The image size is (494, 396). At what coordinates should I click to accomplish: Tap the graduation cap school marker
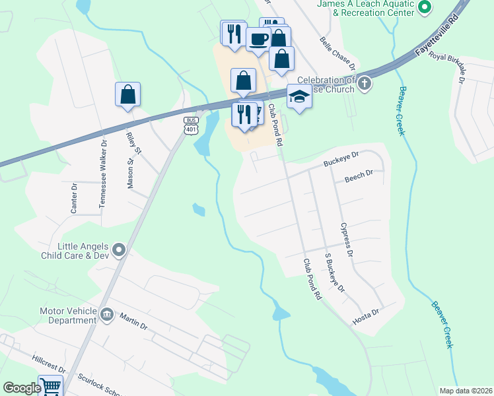pyautogui.click(x=299, y=97)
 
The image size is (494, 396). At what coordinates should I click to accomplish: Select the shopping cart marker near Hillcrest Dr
pyautogui.click(x=50, y=386)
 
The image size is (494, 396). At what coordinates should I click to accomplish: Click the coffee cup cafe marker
pyautogui.click(x=258, y=38)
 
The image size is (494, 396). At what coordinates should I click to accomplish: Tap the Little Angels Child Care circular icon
pyautogui.click(x=119, y=249)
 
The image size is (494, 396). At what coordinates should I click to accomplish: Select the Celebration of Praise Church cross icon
pyautogui.click(x=365, y=83)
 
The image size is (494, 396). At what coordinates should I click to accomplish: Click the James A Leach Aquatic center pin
pyautogui.click(x=425, y=8)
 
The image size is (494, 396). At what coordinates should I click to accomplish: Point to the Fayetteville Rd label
pyautogui.click(x=435, y=37)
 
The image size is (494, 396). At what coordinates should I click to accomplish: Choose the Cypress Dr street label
pyautogui.click(x=347, y=240)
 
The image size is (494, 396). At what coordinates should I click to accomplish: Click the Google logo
pyautogui.click(x=22, y=388)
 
